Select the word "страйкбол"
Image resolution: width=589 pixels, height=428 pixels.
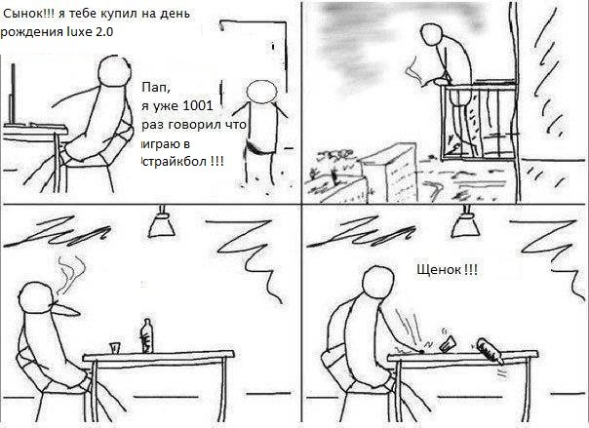pos(176,162)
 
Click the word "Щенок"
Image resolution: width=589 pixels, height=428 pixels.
pos(439,269)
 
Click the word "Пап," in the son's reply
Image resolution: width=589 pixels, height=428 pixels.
pos(156,88)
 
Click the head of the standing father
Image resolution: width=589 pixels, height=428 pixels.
pos(261,92)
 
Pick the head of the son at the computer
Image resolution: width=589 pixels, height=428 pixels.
pos(114,71)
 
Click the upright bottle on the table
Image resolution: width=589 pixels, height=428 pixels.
pos(146,336)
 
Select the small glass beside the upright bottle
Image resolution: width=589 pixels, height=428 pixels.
pos(115,348)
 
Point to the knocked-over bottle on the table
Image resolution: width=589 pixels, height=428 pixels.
pos(491,351)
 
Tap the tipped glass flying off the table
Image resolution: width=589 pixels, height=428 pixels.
pos(449,343)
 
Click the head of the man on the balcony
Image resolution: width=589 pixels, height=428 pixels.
pos(432,35)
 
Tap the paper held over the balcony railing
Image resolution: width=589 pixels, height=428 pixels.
pos(415,71)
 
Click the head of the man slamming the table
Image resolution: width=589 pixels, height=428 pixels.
pos(379,283)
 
